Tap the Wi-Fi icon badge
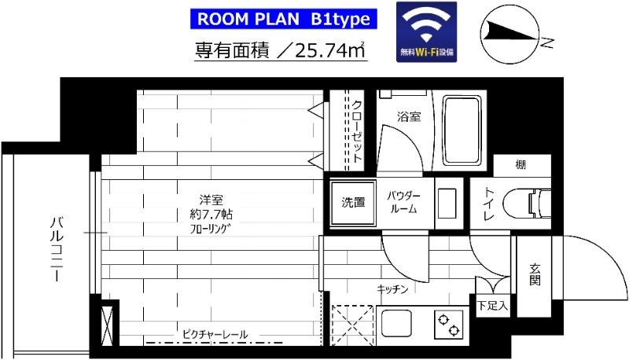[427, 31]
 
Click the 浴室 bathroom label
[408, 118]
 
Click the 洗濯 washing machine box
[352, 202]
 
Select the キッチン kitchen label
[392, 290]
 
